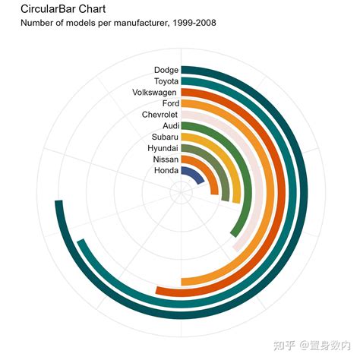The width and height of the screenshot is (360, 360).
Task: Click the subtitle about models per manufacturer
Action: [x=118, y=23]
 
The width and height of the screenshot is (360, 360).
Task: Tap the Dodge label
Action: [x=166, y=70]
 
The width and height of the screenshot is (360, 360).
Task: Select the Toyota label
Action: [x=166, y=81]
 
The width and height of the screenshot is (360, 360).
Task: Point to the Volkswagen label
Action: [x=154, y=92]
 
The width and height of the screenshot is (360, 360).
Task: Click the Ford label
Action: [x=170, y=103]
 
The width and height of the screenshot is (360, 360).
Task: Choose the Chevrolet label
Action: [x=159, y=115]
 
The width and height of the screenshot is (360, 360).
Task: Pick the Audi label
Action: [x=170, y=125]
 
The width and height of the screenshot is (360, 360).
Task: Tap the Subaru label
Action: [x=165, y=137]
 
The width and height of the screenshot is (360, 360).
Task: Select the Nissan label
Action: [x=166, y=159]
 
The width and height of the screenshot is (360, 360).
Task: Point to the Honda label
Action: [x=166, y=171]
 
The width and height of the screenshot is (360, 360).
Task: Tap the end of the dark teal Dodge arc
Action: [x=57, y=204]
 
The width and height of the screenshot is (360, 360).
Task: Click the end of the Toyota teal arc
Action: [x=81, y=245]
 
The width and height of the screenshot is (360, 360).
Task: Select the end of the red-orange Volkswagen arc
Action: [x=159, y=291]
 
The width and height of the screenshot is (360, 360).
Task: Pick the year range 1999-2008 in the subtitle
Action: [x=193, y=23]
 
